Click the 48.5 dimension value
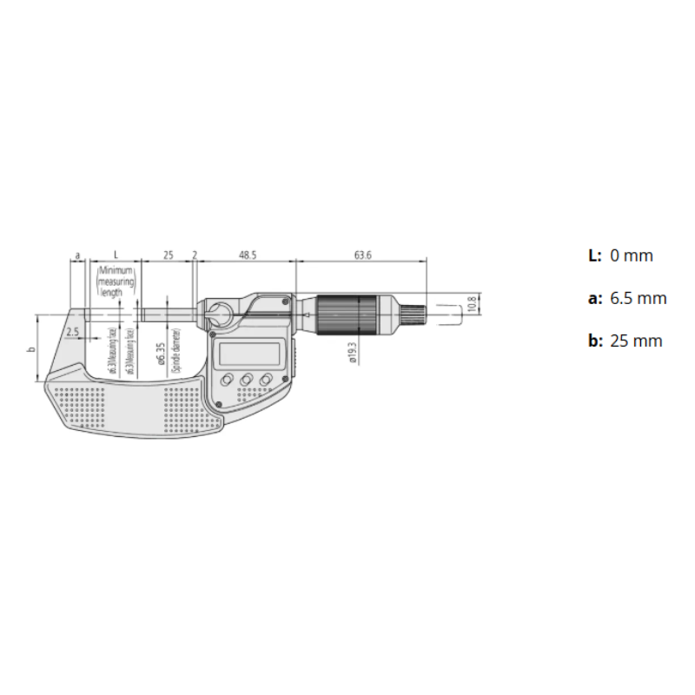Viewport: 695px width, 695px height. point(248,255)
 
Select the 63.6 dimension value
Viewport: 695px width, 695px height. point(363,255)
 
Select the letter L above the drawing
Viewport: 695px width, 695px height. point(116,255)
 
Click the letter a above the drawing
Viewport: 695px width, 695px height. point(77,255)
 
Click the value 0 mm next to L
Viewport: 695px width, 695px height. point(632,255)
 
